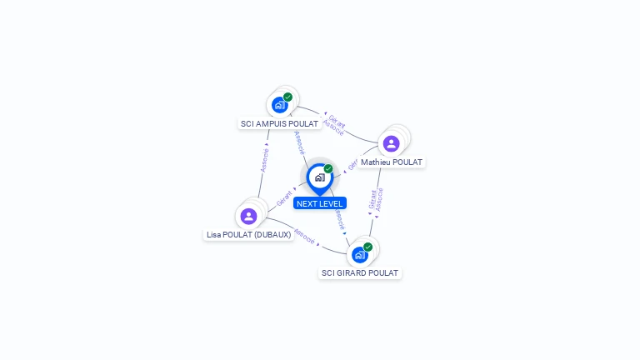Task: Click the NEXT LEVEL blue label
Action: click(319, 203)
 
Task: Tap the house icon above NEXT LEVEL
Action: click(319, 177)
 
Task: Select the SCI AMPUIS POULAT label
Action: click(279, 123)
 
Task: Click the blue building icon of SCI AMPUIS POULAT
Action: click(279, 105)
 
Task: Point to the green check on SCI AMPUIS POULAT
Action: click(288, 97)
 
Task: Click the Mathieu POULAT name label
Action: click(391, 162)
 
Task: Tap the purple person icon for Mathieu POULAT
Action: click(391, 143)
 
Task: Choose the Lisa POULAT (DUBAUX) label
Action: click(248, 235)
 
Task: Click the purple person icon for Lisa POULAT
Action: click(248, 217)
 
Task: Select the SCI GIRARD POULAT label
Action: click(360, 272)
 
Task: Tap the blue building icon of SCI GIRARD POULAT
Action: click(359, 254)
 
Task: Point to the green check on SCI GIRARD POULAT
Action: click(367, 247)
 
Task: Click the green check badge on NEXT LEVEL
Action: click(328, 168)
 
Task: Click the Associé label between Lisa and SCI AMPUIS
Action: click(264, 160)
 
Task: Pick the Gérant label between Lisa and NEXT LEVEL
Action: click(284, 198)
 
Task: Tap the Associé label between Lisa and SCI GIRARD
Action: click(304, 237)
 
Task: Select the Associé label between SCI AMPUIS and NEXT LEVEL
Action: click(299, 142)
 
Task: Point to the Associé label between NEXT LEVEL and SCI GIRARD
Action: click(339, 219)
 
